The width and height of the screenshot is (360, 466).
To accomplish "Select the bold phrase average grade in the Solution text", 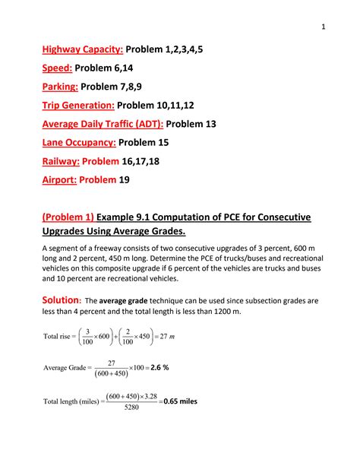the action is pyautogui.click(x=124, y=302).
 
